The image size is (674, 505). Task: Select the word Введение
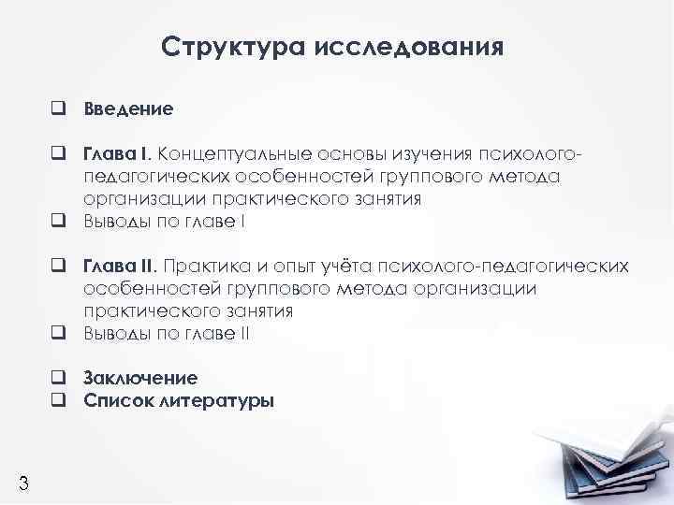click(128, 108)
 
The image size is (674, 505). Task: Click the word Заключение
click(140, 379)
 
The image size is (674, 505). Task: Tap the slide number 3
click(23, 483)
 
